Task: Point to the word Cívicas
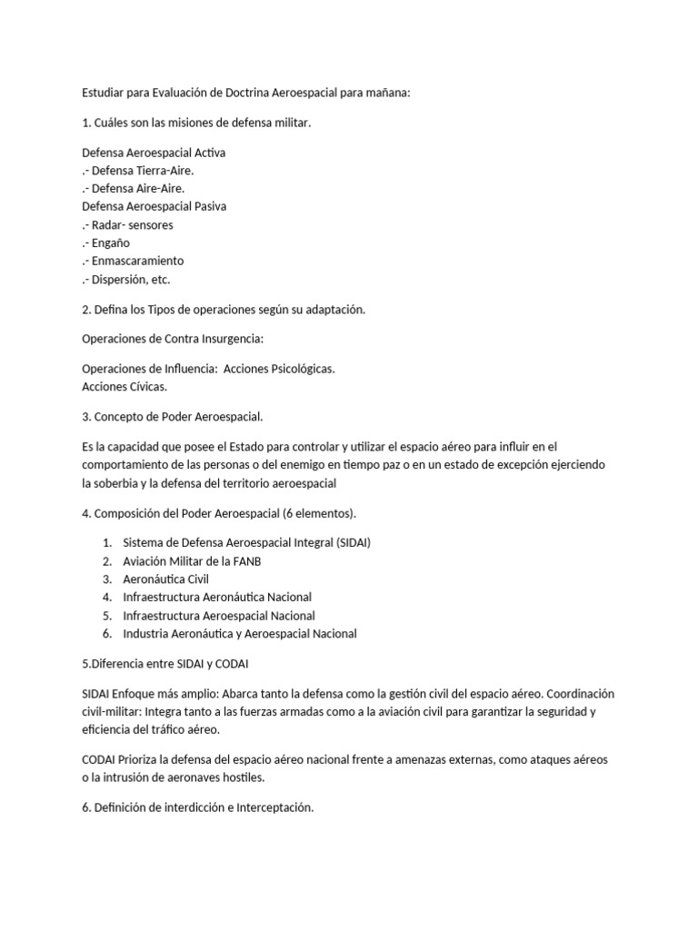pyautogui.click(x=145, y=387)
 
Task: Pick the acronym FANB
pyautogui.click(x=245, y=560)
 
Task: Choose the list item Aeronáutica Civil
pyautogui.click(x=166, y=579)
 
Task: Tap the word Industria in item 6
pyautogui.click(x=145, y=633)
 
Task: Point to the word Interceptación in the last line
pyautogui.click(x=273, y=806)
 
